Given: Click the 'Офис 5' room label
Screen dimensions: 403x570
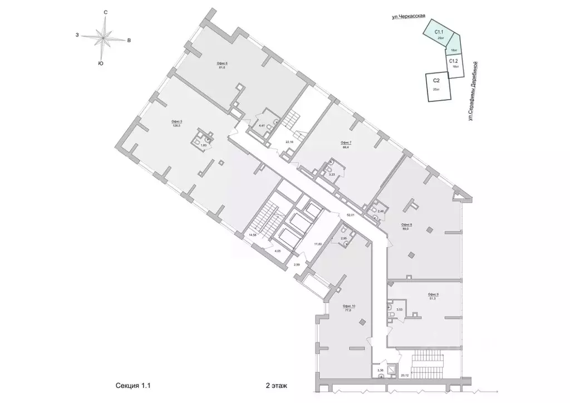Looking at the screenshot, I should pyautogui.click(x=178, y=121).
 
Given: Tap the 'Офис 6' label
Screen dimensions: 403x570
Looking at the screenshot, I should pyautogui.click(x=223, y=64).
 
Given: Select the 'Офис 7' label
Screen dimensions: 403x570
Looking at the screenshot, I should pyautogui.click(x=346, y=143).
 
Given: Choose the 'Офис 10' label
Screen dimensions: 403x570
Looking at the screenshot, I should pyautogui.click(x=349, y=307).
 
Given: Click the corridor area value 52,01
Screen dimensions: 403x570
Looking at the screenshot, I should pyautogui.click(x=351, y=214).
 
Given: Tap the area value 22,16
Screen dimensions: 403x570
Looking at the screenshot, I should pyautogui.click(x=289, y=142).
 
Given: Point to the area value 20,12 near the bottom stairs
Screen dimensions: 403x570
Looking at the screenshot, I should pyautogui.click(x=404, y=375).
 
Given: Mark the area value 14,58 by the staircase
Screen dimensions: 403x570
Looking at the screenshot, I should pyautogui.click(x=253, y=235).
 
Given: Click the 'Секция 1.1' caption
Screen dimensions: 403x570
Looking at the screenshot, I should pyautogui.click(x=134, y=385).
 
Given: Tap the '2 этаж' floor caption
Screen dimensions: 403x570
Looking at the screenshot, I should pyautogui.click(x=277, y=385).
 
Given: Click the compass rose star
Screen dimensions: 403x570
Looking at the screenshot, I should pyautogui.click(x=103, y=38).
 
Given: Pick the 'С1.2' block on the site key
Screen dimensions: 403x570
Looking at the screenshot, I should pyautogui.click(x=454, y=61).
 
